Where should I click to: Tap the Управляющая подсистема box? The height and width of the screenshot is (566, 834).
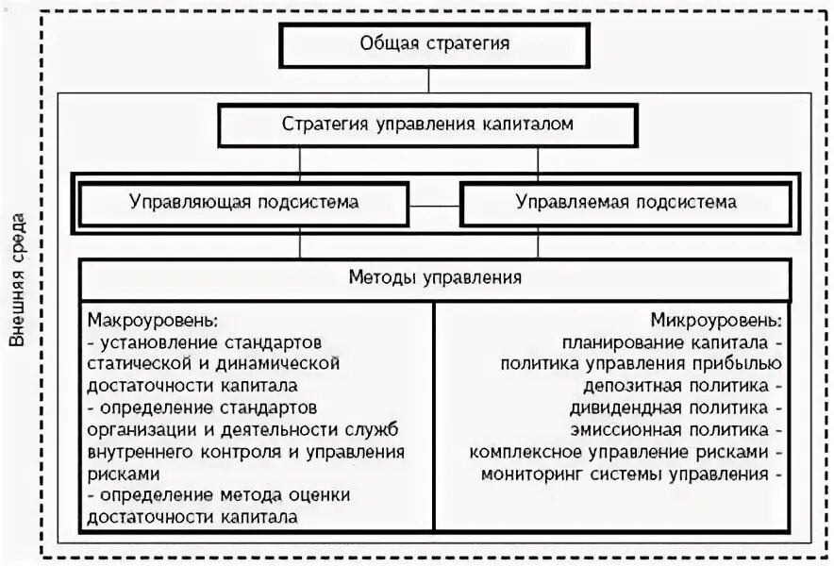[244, 202]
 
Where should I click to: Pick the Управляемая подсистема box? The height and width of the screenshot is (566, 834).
[626, 202]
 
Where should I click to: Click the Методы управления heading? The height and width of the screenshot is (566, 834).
[435, 278]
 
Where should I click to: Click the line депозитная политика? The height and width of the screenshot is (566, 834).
[668, 385]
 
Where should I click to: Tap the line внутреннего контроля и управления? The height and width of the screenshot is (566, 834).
[245, 451]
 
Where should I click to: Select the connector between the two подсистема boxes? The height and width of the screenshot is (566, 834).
[435, 205]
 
